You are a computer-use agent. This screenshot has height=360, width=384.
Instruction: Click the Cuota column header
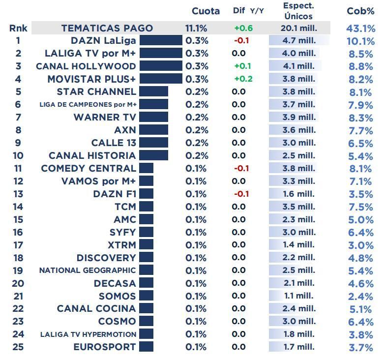(x=206, y=11)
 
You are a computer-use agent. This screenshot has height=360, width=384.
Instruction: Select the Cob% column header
(x=360, y=11)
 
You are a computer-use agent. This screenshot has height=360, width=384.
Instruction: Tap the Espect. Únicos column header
(x=298, y=11)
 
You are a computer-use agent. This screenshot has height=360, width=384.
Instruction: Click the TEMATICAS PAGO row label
(x=107, y=29)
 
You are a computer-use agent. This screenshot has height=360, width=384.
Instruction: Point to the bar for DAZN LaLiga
(x=161, y=40)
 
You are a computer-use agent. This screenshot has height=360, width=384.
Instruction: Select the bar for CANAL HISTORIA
(x=154, y=155)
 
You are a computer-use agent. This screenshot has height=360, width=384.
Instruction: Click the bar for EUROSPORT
(x=147, y=347)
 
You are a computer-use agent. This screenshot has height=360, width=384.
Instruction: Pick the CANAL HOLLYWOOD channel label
(x=86, y=66)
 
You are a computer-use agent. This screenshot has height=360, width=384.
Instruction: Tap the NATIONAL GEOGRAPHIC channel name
(x=88, y=270)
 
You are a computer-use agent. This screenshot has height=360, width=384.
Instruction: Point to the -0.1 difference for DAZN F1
(x=241, y=194)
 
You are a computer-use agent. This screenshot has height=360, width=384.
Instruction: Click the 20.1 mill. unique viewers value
(x=298, y=29)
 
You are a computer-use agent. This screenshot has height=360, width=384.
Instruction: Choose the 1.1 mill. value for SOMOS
(x=298, y=296)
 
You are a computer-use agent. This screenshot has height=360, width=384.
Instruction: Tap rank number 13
(x=18, y=194)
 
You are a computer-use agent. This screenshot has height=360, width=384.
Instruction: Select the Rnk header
(x=18, y=29)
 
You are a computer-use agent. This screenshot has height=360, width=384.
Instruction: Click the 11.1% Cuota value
(x=196, y=29)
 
